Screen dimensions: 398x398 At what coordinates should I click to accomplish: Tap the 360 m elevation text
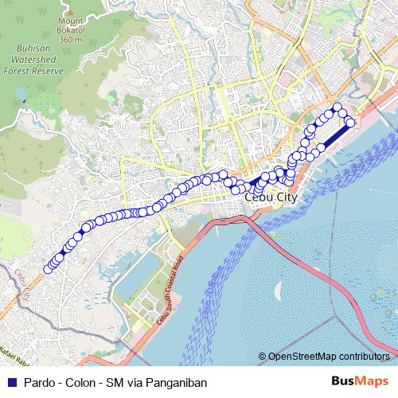point(70,38)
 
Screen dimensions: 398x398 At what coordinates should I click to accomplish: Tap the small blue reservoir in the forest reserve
point(25,101)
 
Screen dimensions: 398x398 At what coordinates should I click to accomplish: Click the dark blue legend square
point(11,382)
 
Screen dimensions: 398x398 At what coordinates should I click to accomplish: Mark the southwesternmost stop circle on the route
point(48,269)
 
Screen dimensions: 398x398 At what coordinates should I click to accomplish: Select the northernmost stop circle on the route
point(338,107)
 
